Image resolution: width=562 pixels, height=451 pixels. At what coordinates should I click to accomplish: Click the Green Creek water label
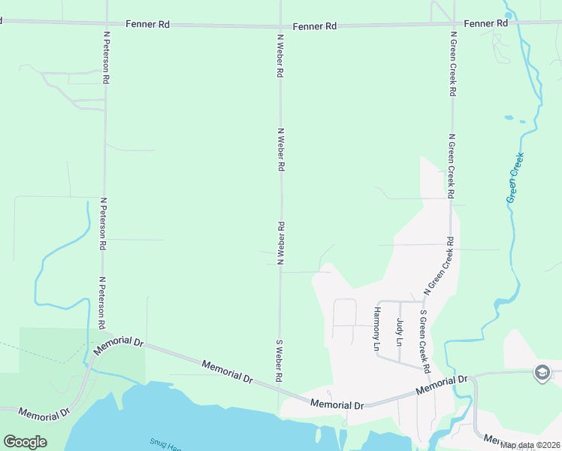(515, 178)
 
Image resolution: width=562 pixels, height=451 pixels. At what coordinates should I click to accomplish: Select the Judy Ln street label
(399, 331)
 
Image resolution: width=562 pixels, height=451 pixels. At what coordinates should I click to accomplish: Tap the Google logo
(25, 441)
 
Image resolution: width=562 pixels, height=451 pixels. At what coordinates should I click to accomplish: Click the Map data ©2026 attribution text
(529, 445)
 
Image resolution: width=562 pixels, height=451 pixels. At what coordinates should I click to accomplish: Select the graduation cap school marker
(542, 372)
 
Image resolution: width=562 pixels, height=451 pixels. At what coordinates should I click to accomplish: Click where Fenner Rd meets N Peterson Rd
(104, 23)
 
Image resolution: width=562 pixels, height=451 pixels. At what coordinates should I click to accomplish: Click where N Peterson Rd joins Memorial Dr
(105, 334)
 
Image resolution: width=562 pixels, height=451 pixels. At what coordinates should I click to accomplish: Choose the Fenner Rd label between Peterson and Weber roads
(148, 24)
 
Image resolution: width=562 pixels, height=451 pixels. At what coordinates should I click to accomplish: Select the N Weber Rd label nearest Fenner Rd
(280, 56)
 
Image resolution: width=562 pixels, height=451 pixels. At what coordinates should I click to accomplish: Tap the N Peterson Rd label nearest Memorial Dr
(101, 303)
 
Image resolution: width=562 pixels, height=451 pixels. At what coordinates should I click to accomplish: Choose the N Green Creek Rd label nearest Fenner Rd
(452, 63)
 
